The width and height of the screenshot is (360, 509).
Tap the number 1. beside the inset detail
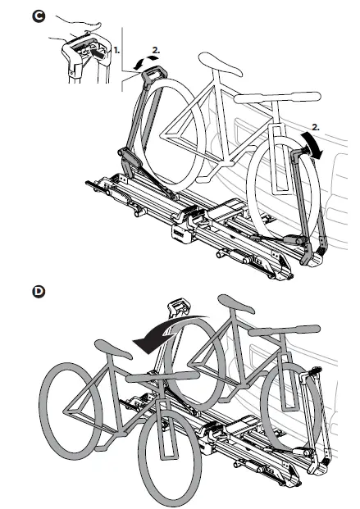116,50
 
